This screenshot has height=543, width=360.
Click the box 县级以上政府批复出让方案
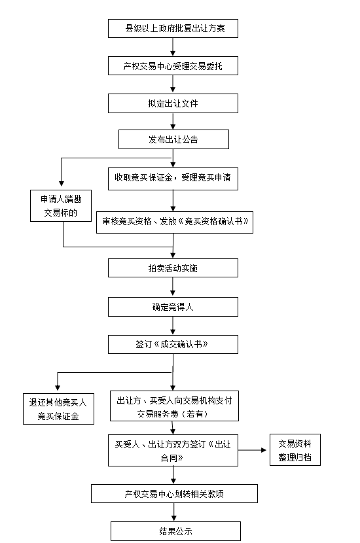pyautogui.click(x=173, y=28)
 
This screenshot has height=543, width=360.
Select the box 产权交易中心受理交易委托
pyautogui.click(x=173, y=66)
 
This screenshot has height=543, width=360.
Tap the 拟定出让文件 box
pyautogui.click(x=173, y=103)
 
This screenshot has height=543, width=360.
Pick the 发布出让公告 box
pyautogui.click(x=173, y=139)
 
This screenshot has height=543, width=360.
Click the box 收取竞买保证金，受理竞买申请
pyautogui.click(x=173, y=179)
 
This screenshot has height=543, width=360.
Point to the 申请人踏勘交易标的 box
pyautogui.click(x=61, y=205)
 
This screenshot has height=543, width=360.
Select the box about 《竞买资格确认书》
pyautogui.click(x=175, y=222)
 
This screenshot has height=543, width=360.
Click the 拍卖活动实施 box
pyautogui.click(x=173, y=268)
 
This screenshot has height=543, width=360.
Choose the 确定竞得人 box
pyautogui.click(x=173, y=307)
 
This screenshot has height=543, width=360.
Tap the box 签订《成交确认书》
pyautogui.click(x=173, y=344)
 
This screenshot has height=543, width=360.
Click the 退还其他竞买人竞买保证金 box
pyautogui.click(x=58, y=409)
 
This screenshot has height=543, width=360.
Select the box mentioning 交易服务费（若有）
pyautogui.click(x=174, y=406)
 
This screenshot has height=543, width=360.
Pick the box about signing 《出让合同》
pyautogui.click(x=173, y=451)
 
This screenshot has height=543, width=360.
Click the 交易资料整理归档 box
pyautogui.click(x=295, y=450)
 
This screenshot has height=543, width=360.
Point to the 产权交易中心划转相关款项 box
pyautogui.click(x=174, y=493)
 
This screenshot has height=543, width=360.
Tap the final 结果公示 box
pyautogui.click(x=175, y=531)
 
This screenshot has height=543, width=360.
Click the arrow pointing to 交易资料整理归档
pyautogui.click(x=252, y=450)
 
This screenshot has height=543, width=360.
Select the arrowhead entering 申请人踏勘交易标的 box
pyautogui.click(x=62, y=184)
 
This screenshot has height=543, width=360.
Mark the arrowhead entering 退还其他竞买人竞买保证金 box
pyautogui.click(x=58, y=388)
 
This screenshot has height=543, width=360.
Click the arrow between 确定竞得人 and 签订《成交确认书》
pyautogui.click(x=173, y=326)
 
